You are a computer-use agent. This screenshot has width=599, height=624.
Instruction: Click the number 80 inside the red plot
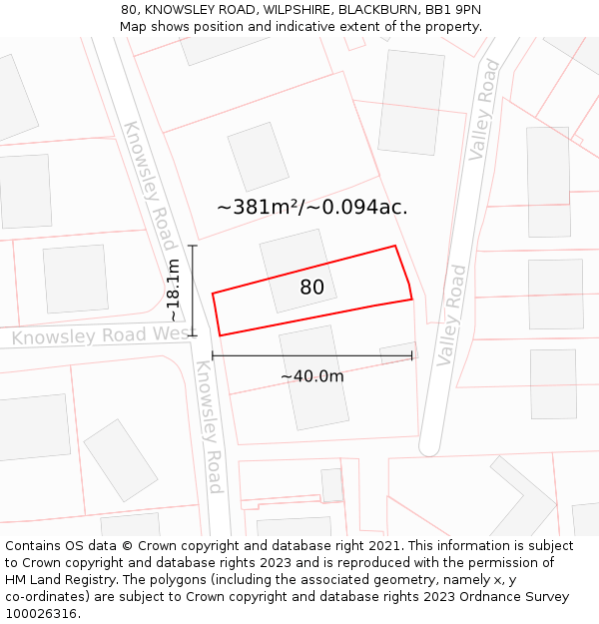click(312, 288)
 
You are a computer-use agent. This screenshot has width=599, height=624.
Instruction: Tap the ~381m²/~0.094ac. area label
click(311, 208)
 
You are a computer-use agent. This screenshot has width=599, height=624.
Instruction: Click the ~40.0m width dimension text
click(311, 376)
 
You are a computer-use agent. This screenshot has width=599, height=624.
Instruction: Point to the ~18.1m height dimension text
click(173, 290)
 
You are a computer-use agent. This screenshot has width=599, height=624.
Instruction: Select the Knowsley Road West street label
click(100, 336)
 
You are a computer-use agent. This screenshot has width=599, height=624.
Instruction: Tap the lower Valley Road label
click(451, 313)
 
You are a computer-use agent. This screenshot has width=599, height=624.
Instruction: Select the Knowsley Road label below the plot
click(208, 426)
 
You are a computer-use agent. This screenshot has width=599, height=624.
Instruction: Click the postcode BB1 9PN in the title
click(453, 9)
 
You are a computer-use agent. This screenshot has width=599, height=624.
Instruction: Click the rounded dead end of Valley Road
click(429, 445)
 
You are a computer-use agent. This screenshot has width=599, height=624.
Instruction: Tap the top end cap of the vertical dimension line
click(193, 246)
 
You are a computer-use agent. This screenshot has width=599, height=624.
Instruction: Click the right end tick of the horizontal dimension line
click(411, 355)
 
